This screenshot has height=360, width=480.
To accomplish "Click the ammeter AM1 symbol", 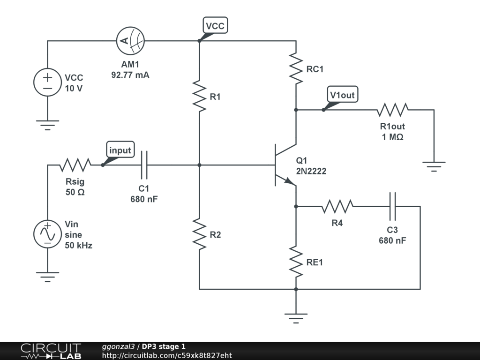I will [130, 41].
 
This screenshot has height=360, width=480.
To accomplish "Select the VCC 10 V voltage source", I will [48, 82].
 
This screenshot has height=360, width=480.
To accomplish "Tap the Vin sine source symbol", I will [48, 234].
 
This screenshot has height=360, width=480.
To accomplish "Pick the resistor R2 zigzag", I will [199, 234].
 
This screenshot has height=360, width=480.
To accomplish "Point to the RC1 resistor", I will [296, 68].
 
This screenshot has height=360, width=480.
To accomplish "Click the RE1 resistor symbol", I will [296, 262].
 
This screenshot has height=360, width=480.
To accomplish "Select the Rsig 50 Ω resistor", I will [75, 165].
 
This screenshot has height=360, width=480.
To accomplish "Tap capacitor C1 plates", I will [144, 165].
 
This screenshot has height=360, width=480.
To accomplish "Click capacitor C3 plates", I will [392, 206].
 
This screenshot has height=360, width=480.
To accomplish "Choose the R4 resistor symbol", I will [337, 206].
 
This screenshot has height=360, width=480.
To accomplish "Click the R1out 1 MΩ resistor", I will [392, 110].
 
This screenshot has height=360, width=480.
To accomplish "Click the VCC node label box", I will [215, 26].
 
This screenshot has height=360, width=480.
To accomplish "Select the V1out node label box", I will [342, 95].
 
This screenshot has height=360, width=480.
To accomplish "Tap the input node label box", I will [120, 150].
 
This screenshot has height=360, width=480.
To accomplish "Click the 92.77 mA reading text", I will [130, 75].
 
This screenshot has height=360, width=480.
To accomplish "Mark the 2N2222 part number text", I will [311, 172].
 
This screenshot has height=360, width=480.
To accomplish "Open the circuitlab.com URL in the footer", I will [167, 356].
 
